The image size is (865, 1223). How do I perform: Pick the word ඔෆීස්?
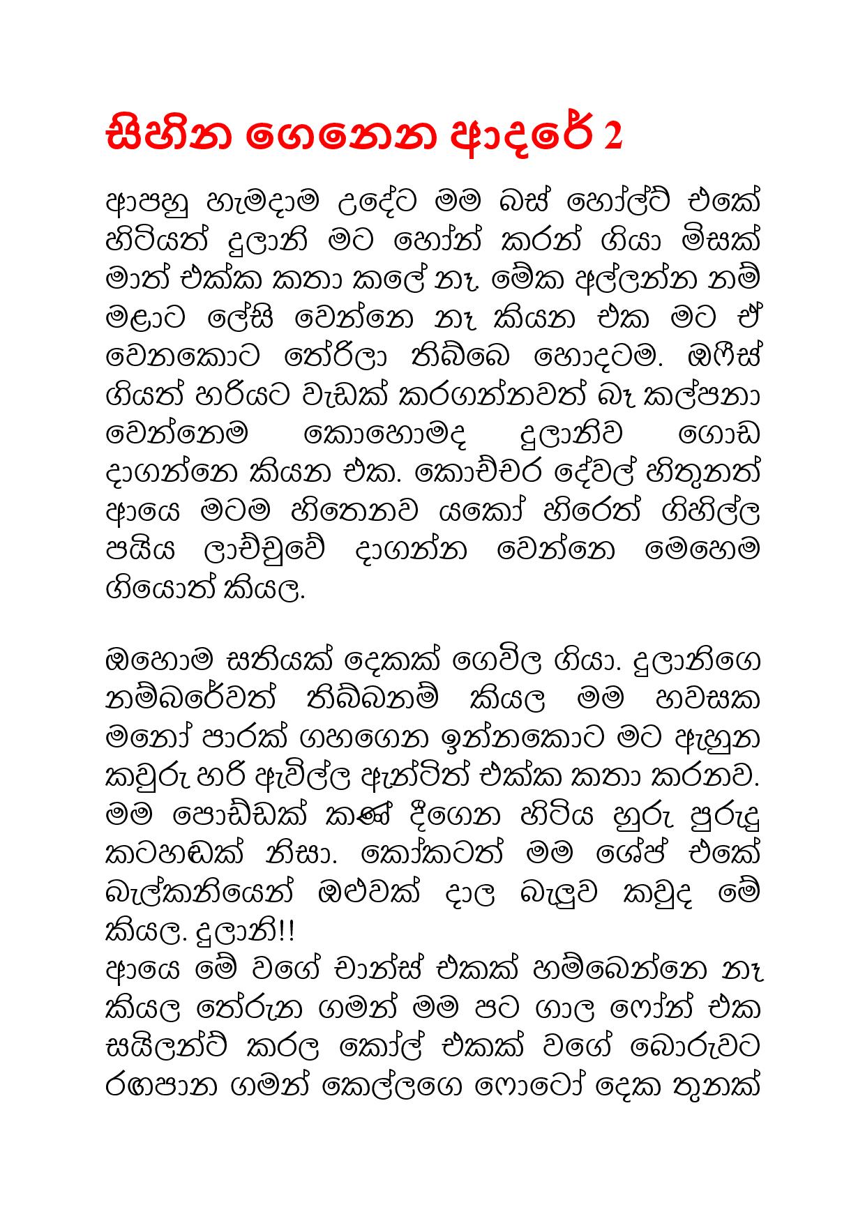723,358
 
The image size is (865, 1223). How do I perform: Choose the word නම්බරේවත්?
193,697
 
